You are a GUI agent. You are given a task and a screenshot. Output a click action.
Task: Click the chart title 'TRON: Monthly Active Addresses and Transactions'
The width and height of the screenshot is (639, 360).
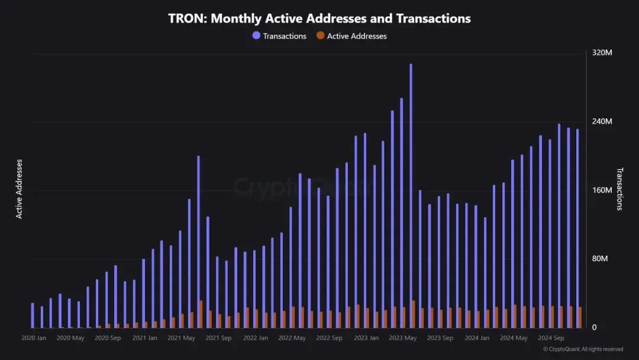click(319, 18)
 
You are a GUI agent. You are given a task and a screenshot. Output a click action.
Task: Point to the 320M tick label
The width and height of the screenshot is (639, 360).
click(602, 53)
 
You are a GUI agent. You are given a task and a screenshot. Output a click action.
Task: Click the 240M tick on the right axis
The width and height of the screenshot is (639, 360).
click(602, 121)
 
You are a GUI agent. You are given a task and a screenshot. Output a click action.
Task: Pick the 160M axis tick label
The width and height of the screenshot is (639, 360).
click(602, 190)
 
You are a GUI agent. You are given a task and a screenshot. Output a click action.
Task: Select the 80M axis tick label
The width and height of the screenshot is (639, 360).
click(600, 259)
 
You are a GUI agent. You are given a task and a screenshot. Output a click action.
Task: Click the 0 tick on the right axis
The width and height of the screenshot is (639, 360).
click(594, 327)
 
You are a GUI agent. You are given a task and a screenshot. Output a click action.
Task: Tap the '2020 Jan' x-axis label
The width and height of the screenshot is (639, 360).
click(34, 338)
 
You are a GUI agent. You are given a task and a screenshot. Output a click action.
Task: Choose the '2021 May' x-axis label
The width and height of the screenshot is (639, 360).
click(181, 338)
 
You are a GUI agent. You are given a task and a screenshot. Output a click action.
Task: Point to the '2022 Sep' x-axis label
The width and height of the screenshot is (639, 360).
click(329, 338)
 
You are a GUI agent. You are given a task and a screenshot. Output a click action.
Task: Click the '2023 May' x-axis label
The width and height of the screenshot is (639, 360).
click(403, 338)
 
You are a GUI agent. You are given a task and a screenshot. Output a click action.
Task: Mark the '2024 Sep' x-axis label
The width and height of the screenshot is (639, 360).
click(551, 338)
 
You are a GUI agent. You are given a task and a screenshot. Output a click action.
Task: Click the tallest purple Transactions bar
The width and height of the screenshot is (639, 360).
click(411, 195)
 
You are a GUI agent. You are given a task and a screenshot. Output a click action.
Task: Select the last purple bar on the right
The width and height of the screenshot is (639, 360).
click(577, 228)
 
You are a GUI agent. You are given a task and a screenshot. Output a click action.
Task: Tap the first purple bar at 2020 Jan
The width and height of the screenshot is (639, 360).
click(33, 315)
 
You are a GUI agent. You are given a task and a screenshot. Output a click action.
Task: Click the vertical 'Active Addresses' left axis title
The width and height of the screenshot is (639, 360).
click(19, 189)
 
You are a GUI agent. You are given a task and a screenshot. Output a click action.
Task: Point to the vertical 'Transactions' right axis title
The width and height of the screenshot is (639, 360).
click(620, 189)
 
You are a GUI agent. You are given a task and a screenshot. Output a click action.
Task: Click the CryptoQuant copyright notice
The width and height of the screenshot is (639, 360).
click(583, 349)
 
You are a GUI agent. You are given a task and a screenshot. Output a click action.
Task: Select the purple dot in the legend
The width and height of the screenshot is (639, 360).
click(256, 36)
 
